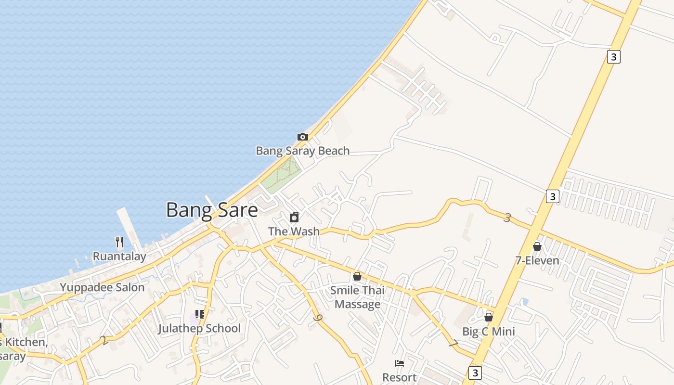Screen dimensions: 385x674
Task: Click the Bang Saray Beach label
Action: [x=302, y=151]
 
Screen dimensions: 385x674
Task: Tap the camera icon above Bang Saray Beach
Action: [x=302, y=137]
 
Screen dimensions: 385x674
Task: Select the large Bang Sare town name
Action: [x=212, y=210]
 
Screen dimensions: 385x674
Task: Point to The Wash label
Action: [x=294, y=231]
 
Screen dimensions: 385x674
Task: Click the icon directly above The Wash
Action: [x=294, y=217]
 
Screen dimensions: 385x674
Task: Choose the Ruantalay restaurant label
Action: [x=119, y=257]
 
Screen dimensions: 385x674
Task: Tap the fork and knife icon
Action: [x=119, y=242]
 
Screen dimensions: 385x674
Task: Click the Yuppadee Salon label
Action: [x=102, y=288]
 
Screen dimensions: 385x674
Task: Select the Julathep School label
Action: [x=199, y=329]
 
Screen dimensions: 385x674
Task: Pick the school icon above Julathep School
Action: [x=199, y=314]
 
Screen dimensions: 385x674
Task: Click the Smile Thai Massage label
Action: [x=357, y=297]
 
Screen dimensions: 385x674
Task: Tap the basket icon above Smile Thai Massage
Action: [x=357, y=276]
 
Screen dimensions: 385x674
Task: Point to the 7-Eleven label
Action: [x=537, y=261]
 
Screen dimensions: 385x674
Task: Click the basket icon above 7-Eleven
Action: [x=537, y=246]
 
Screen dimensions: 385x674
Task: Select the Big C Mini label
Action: [x=489, y=332]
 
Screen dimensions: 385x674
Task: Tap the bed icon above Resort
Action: [x=399, y=363]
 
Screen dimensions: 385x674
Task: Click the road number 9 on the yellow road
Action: [x=317, y=318]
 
